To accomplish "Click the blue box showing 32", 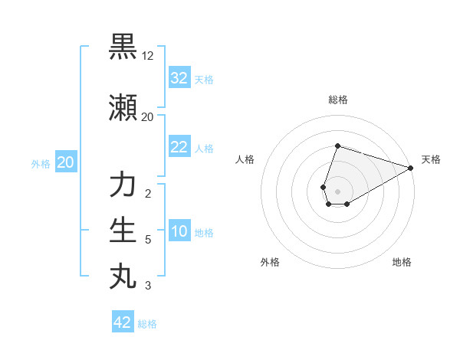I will pyautogui.click(x=179, y=78).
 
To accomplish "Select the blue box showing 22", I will pyautogui.click(x=179, y=147).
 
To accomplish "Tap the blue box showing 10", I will pyautogui.click(x=179, y=231).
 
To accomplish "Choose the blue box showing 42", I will pyautogui.click(x=123, y=322).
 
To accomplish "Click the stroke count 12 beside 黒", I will pyautogui.click(x=148, y=56).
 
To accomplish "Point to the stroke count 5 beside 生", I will pyautogui.click(x=148, y=240).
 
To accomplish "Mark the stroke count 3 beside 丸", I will pyautogui.click(x=148, y=286).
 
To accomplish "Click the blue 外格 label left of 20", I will pyautogui.click(x=41, y=163).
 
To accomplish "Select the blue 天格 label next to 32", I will pyautogui.click(x=204, y=79).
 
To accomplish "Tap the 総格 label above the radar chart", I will pyautogui.click(x=337, y=100).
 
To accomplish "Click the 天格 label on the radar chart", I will pyautogui.click(x=431, y=159).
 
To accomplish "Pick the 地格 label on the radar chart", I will pyautogui.click(x=402, y=262).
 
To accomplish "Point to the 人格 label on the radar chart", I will pyautogui.click(x=245, y=159).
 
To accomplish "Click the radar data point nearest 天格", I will pyautogui.click(x=411, y=168).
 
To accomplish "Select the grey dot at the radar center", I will pyautogui.click(x=337, y=191).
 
